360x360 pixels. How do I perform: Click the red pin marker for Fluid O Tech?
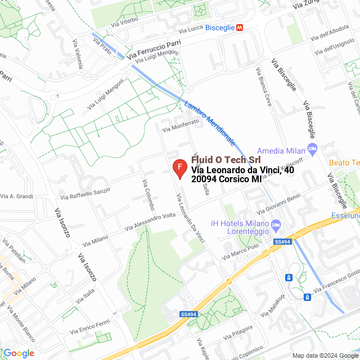point(179,168)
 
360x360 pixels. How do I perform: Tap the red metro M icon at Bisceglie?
point(240,27)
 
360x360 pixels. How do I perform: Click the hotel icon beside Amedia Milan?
point(313,150)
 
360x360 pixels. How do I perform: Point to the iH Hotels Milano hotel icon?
point(276,226)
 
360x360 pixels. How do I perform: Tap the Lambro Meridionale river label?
point(209,121)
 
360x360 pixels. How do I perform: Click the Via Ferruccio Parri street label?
point(154,49)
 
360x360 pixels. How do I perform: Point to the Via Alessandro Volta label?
point(150,221)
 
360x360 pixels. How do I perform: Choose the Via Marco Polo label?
point(240,251)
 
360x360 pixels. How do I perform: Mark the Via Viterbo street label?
point(124,22)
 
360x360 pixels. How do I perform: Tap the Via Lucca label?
point(190,29)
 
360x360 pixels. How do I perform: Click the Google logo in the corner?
point(19,353)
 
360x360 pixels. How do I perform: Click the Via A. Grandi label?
point(17,196)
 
